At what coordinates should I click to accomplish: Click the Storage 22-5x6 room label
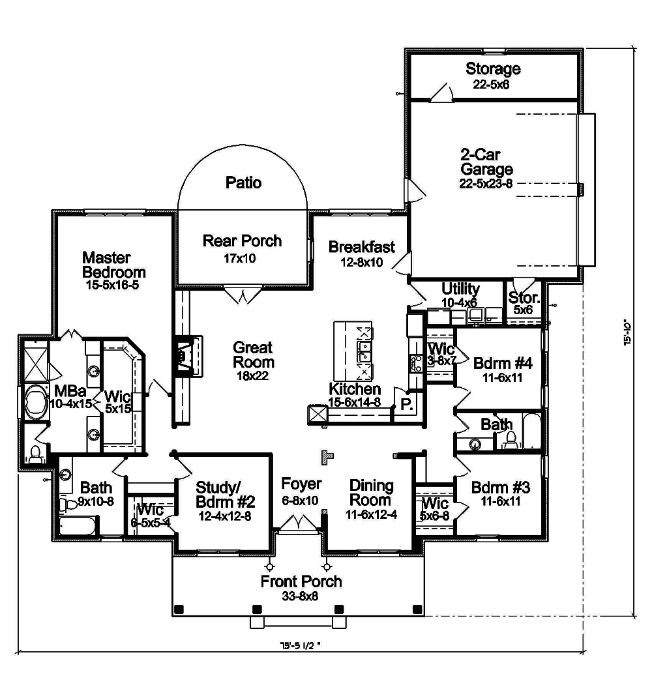point(493,76)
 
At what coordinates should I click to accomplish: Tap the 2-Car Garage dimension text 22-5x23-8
point(486,184)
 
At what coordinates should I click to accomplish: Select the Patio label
point(243,183)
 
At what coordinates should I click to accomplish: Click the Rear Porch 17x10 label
point(242,248)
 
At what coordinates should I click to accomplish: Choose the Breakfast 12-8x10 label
point(361,254)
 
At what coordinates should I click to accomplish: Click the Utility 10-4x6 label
point(460,295)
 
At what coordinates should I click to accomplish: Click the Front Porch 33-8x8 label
point(301,588)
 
